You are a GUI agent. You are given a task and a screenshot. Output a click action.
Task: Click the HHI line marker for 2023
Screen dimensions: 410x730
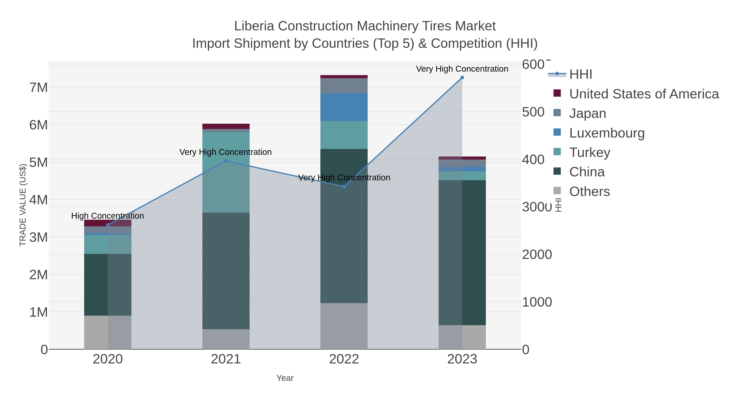click(x=462, y=78)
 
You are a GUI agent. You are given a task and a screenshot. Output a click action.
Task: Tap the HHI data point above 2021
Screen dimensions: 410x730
click(x=226, y=161)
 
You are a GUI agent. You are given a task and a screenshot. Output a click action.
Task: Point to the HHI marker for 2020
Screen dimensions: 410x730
click(x=108, y=225)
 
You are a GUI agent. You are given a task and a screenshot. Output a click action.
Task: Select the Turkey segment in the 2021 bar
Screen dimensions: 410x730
click(x=226, y=173)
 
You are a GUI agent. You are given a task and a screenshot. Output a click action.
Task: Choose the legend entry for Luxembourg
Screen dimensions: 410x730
click(x=607, y=133)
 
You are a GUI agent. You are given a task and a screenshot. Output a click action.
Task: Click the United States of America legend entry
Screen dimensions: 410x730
click(x=643, y=94)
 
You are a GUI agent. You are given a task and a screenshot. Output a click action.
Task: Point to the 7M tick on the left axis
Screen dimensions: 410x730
click(x=39, y=88)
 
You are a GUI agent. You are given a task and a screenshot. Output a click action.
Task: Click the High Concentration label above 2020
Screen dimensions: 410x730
click(x=108, y=216)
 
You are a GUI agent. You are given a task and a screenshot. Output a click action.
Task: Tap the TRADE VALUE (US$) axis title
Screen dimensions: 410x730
click(x=23, y=205)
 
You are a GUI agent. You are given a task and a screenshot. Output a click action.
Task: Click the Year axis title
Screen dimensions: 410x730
click(x=285, y=378)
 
